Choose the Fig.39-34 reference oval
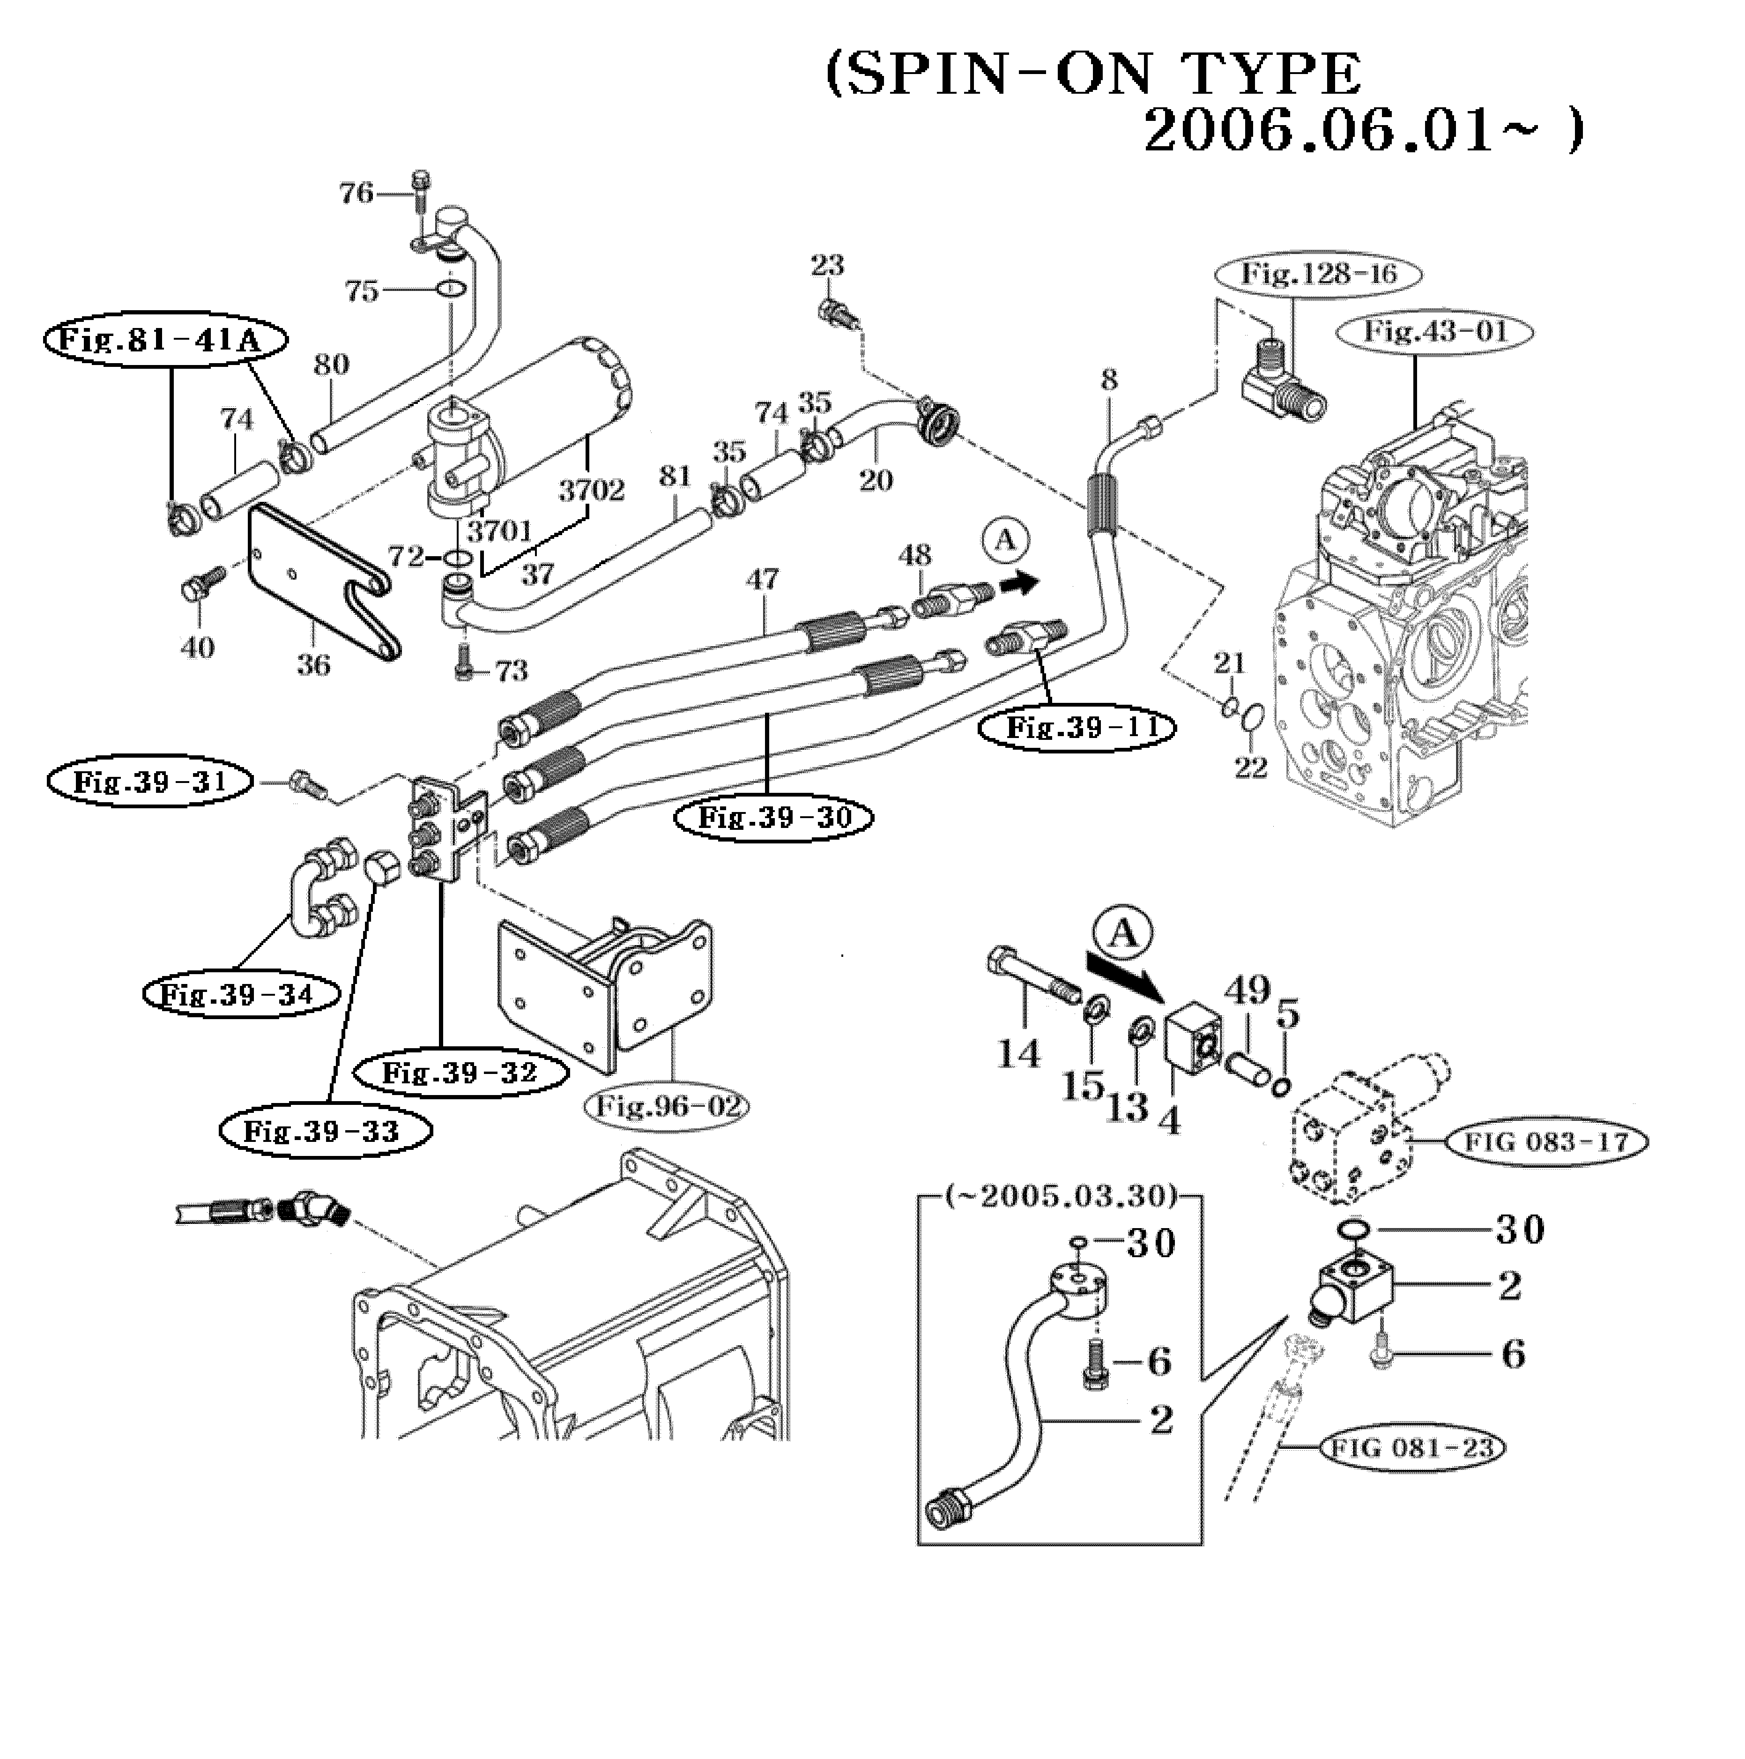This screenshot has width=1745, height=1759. pos(241,994)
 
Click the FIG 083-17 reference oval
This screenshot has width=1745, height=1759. pos(1545,1142)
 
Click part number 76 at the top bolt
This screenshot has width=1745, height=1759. pos(356,193)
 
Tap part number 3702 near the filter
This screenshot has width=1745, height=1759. pos(592,491)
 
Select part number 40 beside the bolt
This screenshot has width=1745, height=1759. pos(198,648)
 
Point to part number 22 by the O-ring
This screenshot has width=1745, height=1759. pos(1251,768)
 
